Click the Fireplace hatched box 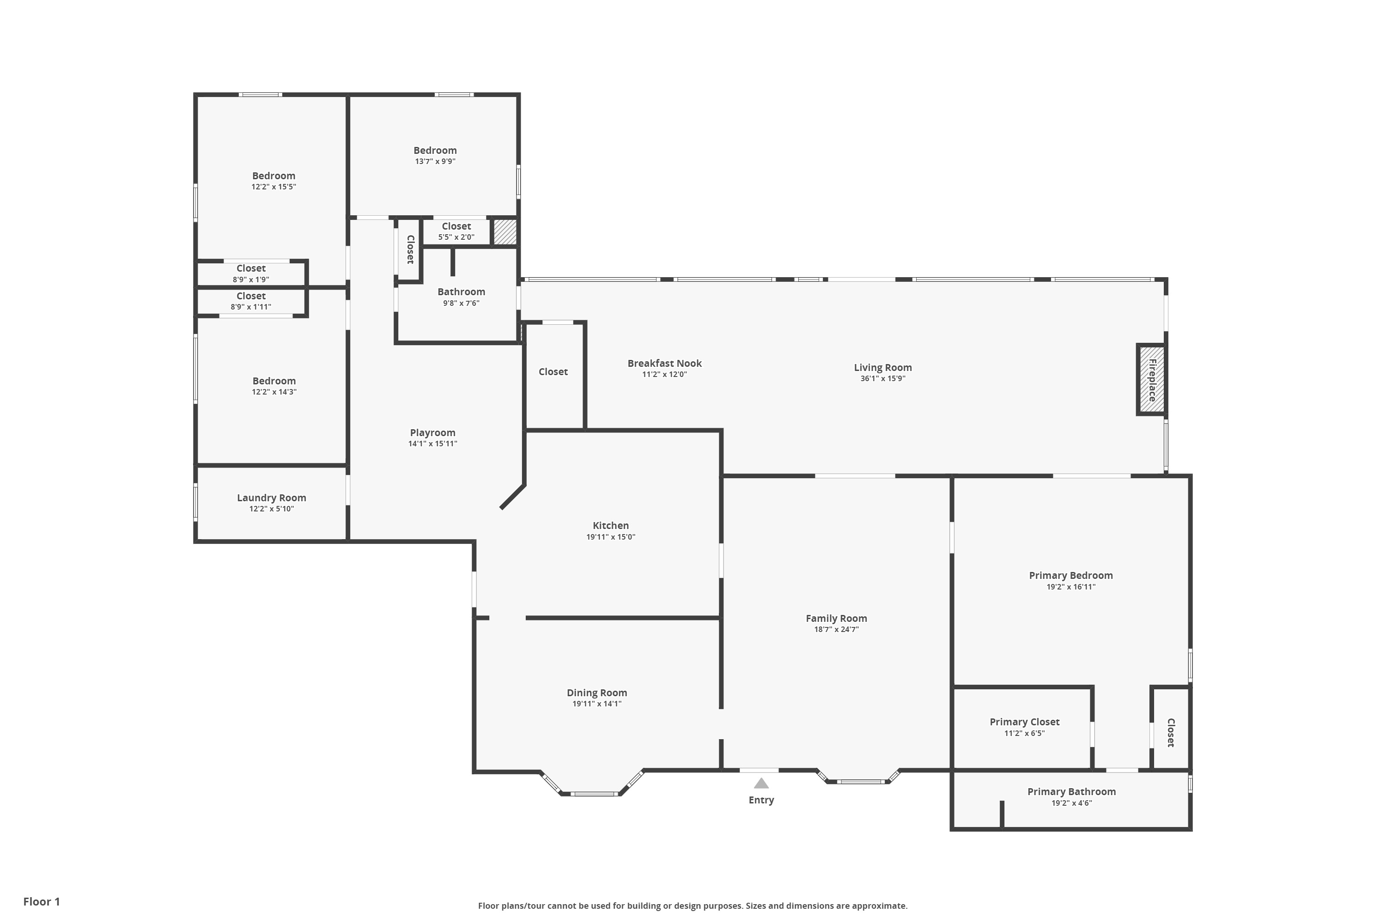1151,379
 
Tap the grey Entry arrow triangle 761,783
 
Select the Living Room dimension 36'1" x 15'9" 882,378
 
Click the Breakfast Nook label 664,364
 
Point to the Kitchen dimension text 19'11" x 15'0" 610,537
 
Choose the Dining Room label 596,693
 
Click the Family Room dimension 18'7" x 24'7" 836,629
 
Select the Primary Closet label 1024,722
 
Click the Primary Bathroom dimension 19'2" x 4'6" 1071,802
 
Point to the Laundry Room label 271,498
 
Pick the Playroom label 432,432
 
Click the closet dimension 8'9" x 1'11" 250,306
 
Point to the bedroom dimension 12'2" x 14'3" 274,392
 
